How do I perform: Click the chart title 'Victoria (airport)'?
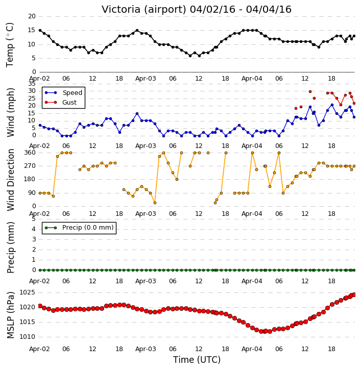(x=144, y=10)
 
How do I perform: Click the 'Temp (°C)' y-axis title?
(x=10, y=45)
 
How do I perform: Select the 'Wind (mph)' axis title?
(x=11, y=112)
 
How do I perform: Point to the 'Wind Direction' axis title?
(x=11, y=180)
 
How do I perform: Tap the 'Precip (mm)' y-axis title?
(x=11, y=248)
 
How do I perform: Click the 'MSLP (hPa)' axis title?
(x=11, y=315)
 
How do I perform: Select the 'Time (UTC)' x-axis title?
(x=197, y=360)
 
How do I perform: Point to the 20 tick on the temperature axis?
(x=32, y=16)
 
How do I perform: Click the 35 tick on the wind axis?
(x=32, y=84)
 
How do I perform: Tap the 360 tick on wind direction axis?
(x=30, y=153)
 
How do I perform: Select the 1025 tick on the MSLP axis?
(x=28, y=292)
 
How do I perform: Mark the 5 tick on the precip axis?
(x=34, y=219)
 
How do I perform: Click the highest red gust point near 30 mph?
(x=310, y=91)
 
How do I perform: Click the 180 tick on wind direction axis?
(x=30, y=179)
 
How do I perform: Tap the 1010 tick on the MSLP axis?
(x=28, y=337)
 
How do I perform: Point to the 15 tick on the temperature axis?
(x=32, y=30)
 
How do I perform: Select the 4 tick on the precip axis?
(x=34, y=229)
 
